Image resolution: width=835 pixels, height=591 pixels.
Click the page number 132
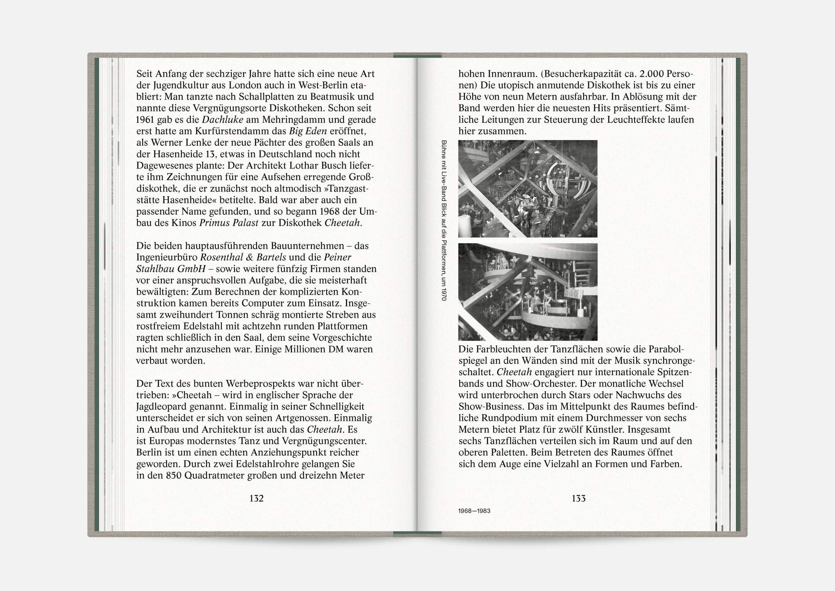point(256,498)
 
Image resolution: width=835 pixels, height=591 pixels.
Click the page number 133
point(578,498)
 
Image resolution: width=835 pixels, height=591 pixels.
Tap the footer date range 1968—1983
point(474,511)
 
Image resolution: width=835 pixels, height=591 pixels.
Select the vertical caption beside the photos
point(444,220)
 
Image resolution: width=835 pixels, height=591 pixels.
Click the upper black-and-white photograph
point(528,188)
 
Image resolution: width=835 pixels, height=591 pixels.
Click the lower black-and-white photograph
point(528,292)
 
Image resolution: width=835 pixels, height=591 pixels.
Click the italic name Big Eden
point(308,131)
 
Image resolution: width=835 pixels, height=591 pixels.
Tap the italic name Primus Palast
point(229,223)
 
